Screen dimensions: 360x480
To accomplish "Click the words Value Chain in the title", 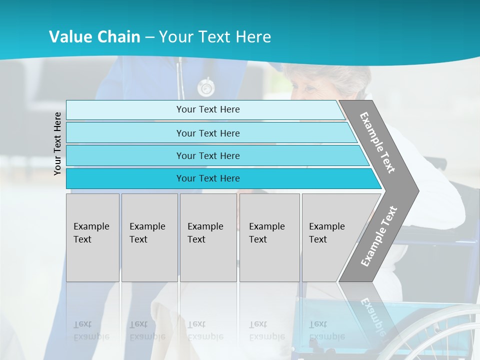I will point(94,37).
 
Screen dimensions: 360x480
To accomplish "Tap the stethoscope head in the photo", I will point(205,87).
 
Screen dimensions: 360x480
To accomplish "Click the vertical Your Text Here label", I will point(57,143).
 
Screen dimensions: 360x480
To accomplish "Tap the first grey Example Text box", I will point(92,237).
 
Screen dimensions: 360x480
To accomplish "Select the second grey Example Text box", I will point(149,237).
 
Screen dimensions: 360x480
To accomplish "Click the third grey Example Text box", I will point(208,237).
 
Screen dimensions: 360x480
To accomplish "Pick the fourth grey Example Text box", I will point(269,237).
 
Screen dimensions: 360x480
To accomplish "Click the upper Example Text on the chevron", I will point(377,142).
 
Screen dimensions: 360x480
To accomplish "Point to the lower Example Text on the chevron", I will point(379,236).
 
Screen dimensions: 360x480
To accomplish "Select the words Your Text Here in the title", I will point(215,37).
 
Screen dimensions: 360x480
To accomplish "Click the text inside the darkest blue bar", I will point(208,178).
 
